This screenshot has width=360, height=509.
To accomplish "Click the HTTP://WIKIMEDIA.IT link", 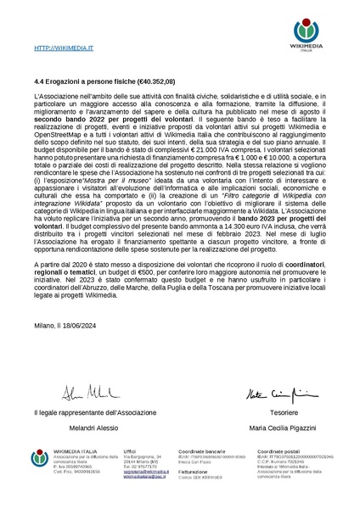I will point(64,51).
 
